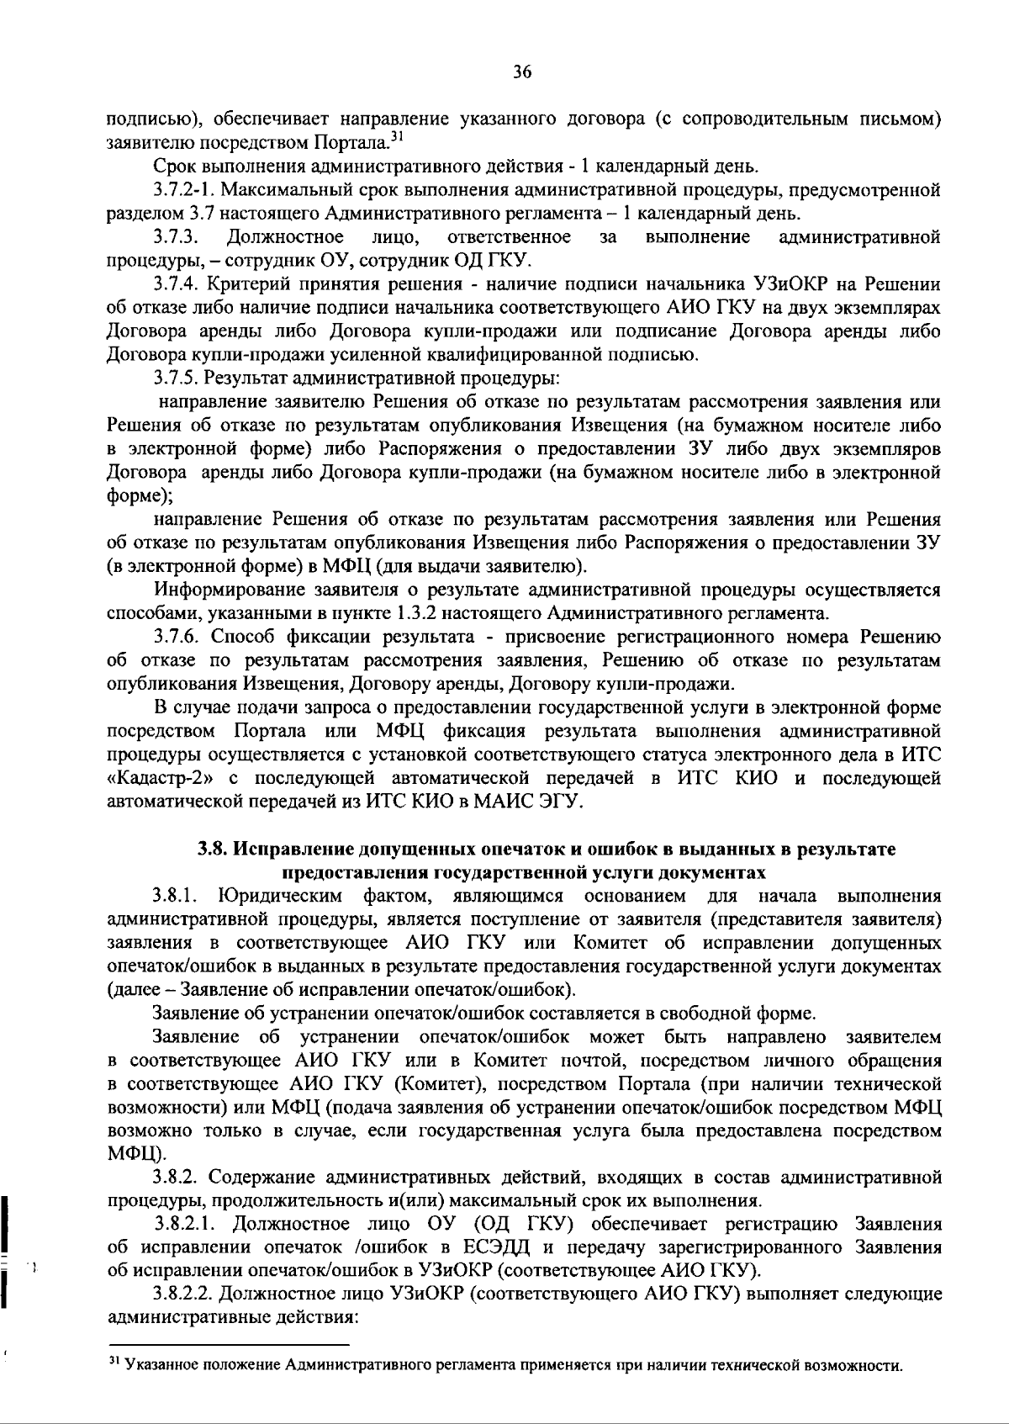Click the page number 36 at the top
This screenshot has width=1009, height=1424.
pos(521,72)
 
